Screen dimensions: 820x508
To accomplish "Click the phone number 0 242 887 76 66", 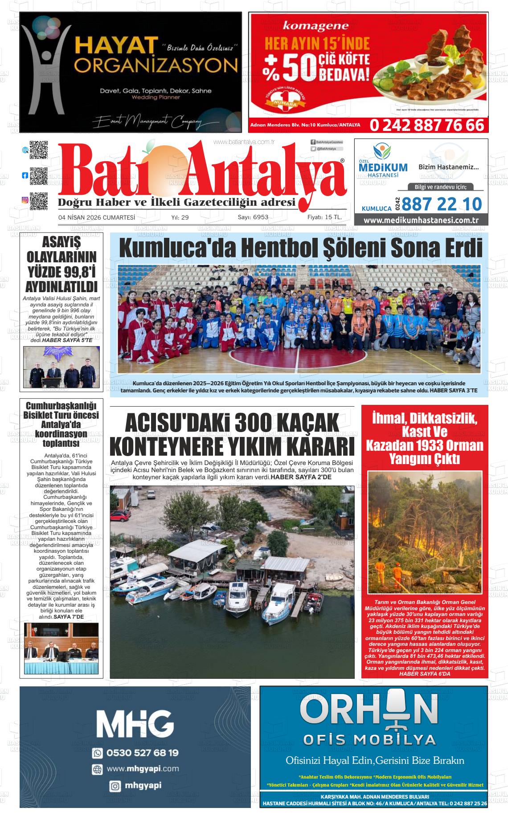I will (426, 125).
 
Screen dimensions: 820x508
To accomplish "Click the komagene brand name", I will (315, 27).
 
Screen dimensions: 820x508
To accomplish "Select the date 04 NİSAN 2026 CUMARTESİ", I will (97, 217).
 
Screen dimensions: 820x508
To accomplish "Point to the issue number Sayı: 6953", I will (253, 217).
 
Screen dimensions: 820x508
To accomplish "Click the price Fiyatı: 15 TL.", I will (324, 217).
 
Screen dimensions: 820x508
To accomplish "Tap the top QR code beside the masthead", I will (39, 150).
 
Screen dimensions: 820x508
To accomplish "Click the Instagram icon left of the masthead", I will (25, 200).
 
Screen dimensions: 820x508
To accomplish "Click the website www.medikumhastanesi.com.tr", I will (421, 220).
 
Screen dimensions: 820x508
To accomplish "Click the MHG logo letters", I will (135, 723).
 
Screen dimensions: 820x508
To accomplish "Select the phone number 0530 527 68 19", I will (143, 753).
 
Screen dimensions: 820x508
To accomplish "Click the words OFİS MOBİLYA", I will (369, 740).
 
